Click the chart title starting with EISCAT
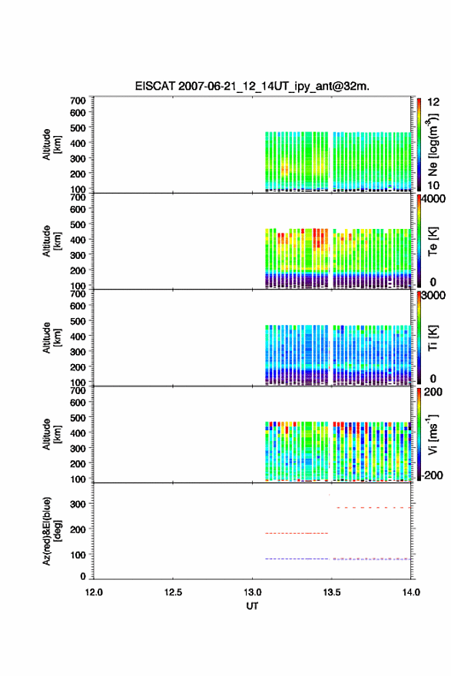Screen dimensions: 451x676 (x=252, y=86)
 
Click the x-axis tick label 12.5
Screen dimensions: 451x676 (x=173, y=592)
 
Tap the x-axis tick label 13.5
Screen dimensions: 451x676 (x=332, y=592)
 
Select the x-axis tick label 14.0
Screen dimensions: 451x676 (x=411, y=592)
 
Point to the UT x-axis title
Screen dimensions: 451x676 (x=252, y=606)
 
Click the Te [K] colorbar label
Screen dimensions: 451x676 (x=433, y=241)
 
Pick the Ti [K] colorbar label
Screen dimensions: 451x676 (x=433, y=338)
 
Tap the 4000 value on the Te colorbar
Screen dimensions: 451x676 (x=433, y=199)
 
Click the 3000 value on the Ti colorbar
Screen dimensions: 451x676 (x=433, y=296)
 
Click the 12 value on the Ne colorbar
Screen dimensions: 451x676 (x=433, y=102)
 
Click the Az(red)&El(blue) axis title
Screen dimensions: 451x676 (x=51, y=531)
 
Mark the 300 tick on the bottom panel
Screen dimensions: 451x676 (x=78, y=504)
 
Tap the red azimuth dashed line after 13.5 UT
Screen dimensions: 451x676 (x=373, y=508)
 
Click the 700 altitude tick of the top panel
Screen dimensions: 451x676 (x=78, y=101)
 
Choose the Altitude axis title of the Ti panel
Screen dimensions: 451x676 (x=51, y=338)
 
